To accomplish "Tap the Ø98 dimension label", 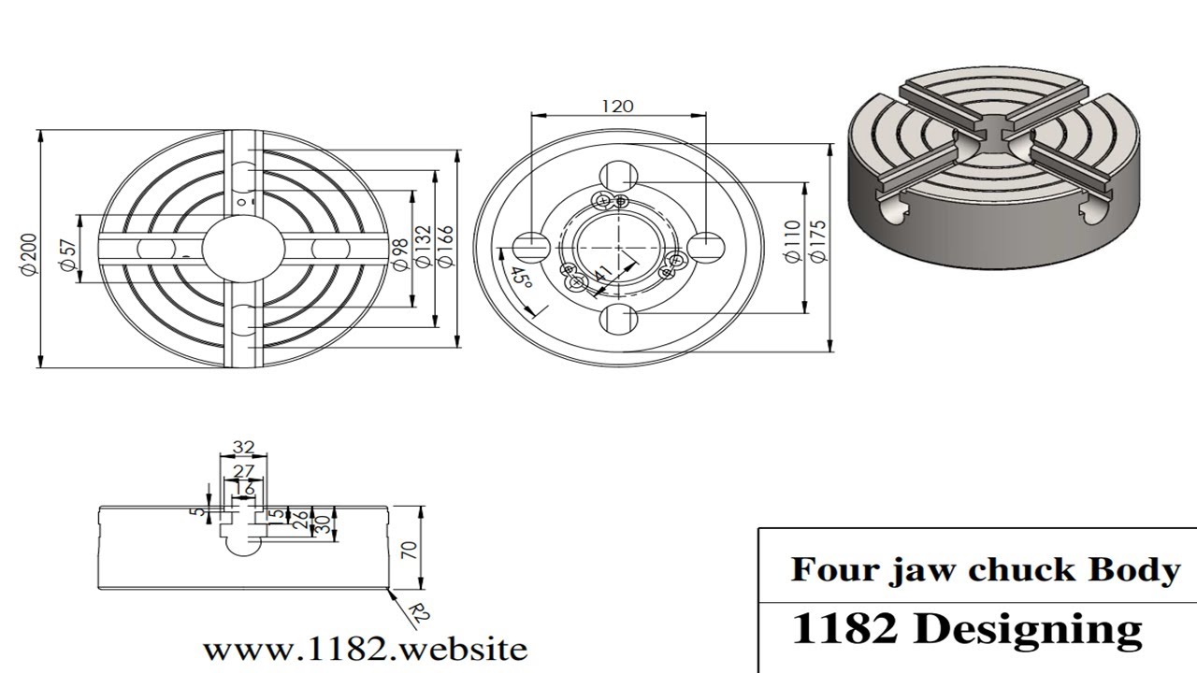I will (x=399, y=253).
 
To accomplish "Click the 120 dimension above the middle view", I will (x=617, y=106).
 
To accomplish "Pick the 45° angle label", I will (x=521, y=279).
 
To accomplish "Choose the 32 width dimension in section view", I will (x=243, y=447).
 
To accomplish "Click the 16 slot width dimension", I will (x=244, y=488).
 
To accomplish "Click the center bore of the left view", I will (x=242, y=247).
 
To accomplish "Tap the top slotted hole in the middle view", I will (x=618, y=176).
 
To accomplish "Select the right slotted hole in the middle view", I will (x=706, y=247).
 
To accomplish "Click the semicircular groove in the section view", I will (x=243, y=546).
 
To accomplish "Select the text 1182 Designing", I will (x=966, y=629).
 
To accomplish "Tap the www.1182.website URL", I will (x=365, y=649).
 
